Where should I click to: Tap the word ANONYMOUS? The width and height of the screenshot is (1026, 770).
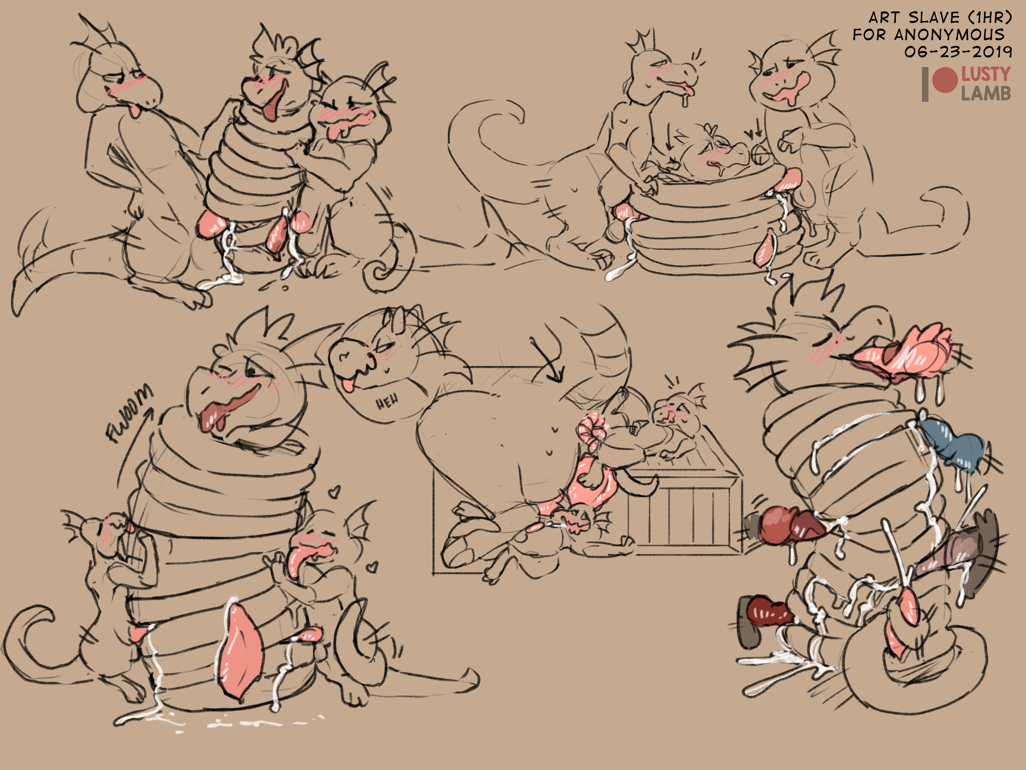(949, 35)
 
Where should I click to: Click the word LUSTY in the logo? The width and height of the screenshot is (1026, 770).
(985, 74)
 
